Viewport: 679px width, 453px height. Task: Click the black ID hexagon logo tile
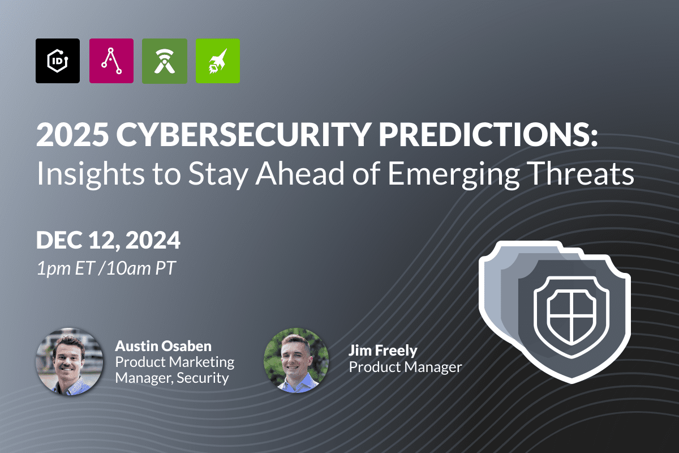pyautogui.click(x=58, y=61)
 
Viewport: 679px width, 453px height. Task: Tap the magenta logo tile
pyautogui.click(x=111, y=61)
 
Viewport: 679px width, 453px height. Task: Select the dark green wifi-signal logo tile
pyautogui.click(x=165, y=61)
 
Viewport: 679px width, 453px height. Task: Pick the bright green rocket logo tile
pyautogui.click(x=217, y=61)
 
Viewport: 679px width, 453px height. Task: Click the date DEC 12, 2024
pyautogui.click(x=108, y=240)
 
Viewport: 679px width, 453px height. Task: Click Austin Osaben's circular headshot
pyautogui.click(x=70, y=361)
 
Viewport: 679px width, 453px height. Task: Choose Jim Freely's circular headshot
pyautogui.click(x=296, y=358)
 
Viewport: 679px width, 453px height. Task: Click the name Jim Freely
pyautogui.click(x=383, y=351)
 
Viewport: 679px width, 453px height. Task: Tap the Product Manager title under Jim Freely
pyautogui.click(x=405, y=367)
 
